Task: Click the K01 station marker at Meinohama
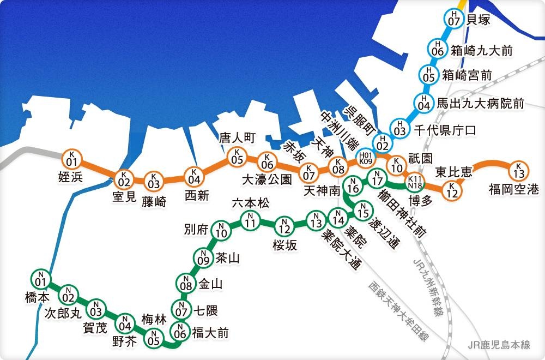[x=71, y=159]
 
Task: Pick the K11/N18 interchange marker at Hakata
[x=415, y=182]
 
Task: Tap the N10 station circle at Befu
[x=221, y=231]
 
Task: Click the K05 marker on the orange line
[x=237, y=157]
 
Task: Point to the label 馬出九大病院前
[x=481, y=103]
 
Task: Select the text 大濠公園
[x=267, y=179]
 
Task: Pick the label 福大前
[x=210, y=333]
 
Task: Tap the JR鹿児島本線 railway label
[x=502, y=345]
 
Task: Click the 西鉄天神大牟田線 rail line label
[x=398, y=311]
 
